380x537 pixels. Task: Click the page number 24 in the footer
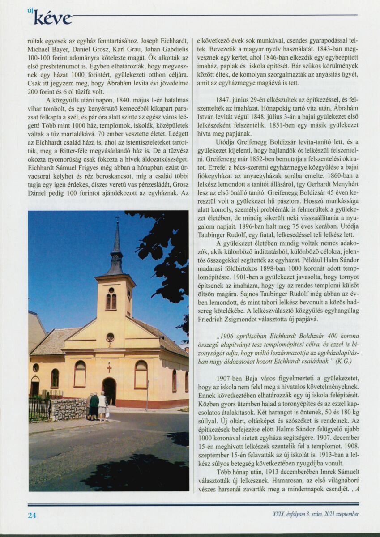[x=32, y=515]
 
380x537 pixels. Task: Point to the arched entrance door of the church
[x=109, y=390]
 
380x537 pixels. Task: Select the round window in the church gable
[x=110, y=337]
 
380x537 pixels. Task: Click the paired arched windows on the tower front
[x=111, y=300]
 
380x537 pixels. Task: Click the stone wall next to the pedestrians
[x=68, y=409]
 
